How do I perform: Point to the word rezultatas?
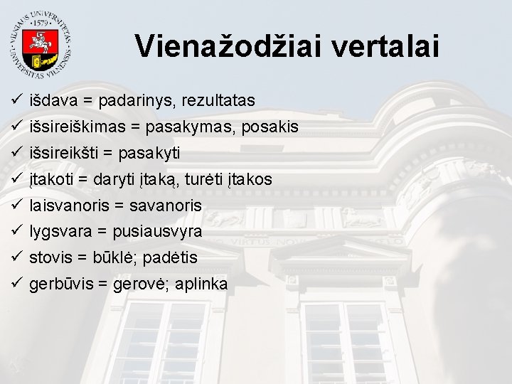point(218,101)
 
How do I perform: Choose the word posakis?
point(270,127)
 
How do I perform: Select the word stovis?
point(50,258)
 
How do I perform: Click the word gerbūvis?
point(60,284)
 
